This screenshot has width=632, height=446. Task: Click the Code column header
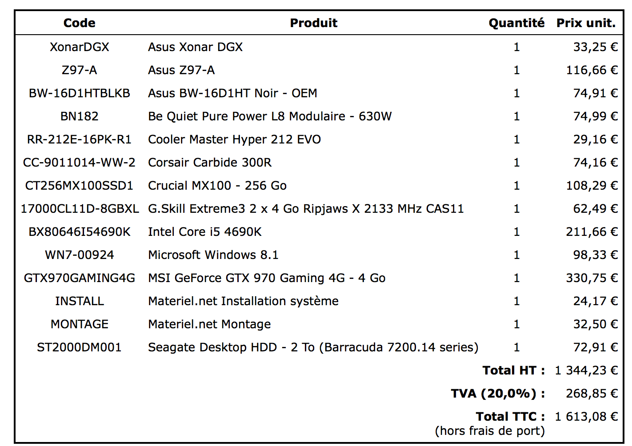(x=79, y=23)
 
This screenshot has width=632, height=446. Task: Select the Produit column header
(x=313, y=23)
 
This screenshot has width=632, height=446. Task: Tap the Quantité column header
(x=516, y=23)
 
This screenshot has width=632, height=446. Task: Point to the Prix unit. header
(x=586, y=23)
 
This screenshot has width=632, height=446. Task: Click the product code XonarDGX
(x=79, y=47)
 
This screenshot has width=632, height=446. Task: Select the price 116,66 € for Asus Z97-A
(x=592, y=70)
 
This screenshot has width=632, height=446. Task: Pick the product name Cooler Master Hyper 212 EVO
(x=234, y=139)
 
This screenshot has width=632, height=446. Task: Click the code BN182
(x=79, y=116)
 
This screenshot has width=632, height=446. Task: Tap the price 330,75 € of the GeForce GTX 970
(x=592, y=278)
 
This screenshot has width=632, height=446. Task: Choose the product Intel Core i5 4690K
(x=204, y=232)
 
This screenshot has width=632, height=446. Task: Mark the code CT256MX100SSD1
(x=79, y=186)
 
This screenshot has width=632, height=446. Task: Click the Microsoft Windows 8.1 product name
(x=213, y=255)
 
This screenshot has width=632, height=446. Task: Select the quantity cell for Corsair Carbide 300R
(x=516, y=163)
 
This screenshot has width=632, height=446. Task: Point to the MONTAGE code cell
(x=79, y=324)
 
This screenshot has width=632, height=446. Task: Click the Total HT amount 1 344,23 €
(x=586, y=370)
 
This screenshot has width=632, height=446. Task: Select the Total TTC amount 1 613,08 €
(x=586, y=417)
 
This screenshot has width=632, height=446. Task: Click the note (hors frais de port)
(x=489, y=431)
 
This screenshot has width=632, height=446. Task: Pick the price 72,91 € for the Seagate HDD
(x=595, y=347)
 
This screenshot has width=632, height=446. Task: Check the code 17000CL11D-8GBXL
(x=80, y=209)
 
